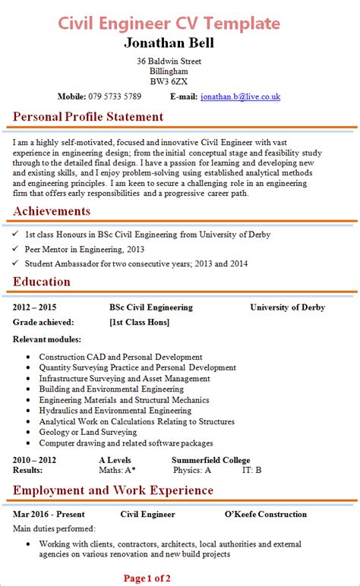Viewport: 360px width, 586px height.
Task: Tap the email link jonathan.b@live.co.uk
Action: (240, 96)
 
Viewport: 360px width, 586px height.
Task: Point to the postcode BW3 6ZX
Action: (169, 81)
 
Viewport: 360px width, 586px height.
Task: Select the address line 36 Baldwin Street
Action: (169, 61)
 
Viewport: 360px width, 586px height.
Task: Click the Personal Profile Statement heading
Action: (88, 117)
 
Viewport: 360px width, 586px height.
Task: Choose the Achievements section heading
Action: (52, 211)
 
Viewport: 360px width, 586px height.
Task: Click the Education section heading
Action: (42, 282)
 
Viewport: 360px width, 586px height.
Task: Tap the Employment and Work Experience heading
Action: (113, 490)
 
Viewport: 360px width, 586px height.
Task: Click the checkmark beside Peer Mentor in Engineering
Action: (16, 249)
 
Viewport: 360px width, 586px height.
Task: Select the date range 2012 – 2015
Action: (35, 307)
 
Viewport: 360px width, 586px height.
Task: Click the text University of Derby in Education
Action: (287, 307)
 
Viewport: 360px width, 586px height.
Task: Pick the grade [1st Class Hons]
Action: (140, 323)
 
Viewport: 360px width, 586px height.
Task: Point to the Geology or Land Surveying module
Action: (88, 432)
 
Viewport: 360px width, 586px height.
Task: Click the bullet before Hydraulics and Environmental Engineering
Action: (28, 411)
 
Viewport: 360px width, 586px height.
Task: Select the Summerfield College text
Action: (210, 460)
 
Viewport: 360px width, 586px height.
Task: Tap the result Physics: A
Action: (192, 470)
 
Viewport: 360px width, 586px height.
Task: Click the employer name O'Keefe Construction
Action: (265, 514)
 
